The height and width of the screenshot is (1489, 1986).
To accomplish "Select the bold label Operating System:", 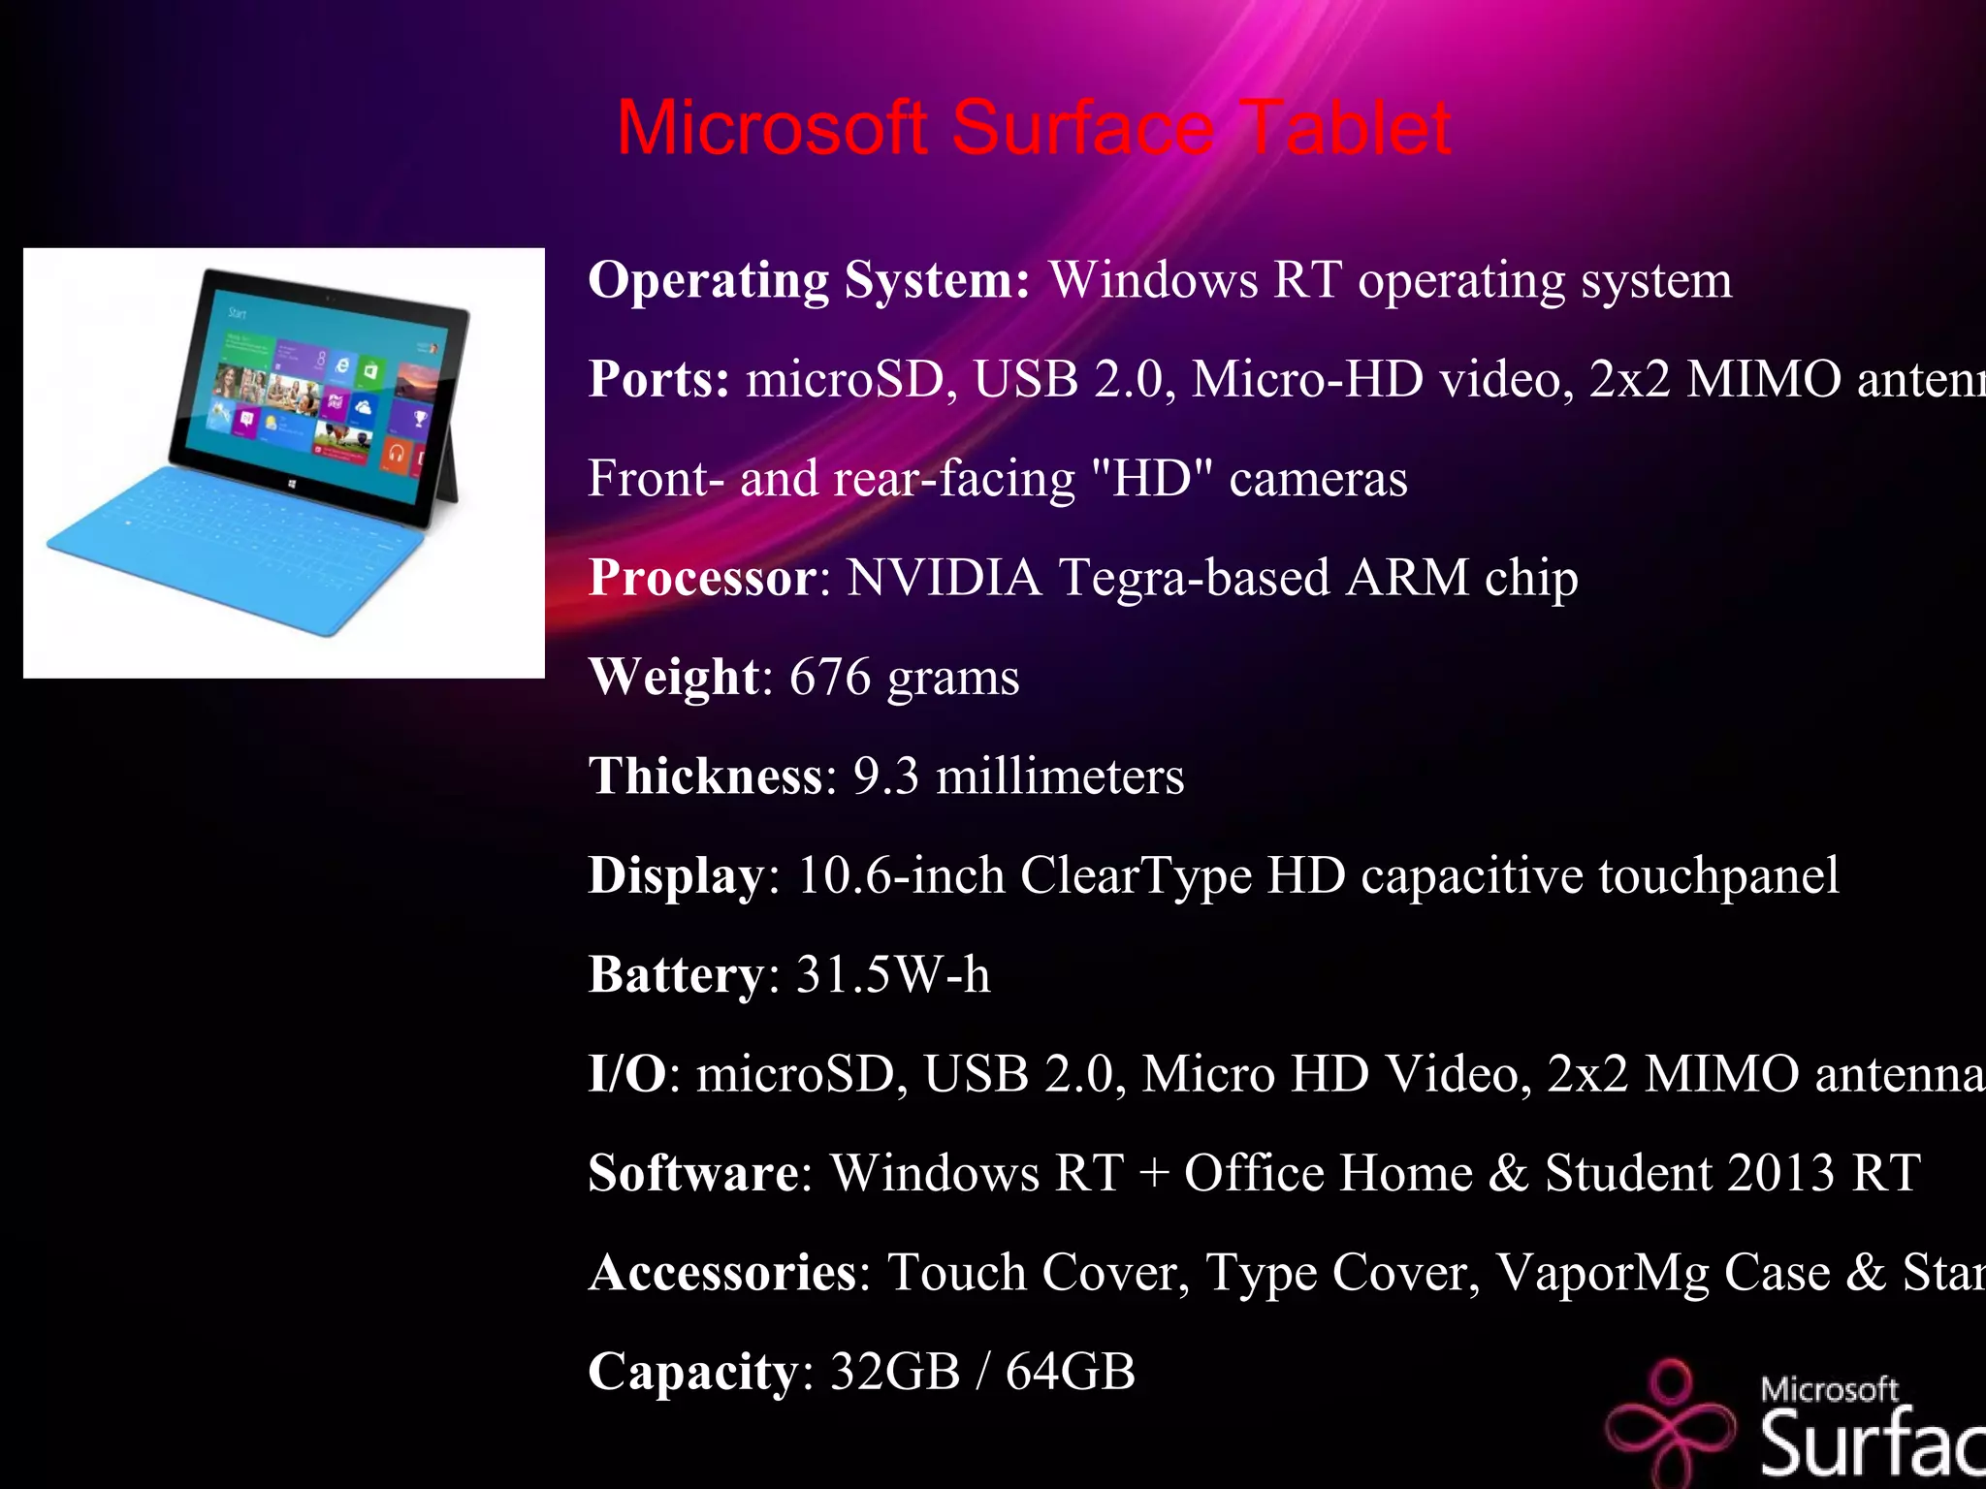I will click(809, 280).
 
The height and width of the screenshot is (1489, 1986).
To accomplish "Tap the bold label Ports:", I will click(658, 379).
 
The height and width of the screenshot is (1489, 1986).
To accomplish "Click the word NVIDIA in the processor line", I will click(944, 578).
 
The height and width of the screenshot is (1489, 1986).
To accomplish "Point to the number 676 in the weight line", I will click(830, 677).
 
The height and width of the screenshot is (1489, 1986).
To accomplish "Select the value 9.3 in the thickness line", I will click(885, 776).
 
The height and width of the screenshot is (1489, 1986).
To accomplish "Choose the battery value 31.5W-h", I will click(893, 975).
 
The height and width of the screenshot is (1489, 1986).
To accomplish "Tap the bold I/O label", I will click(627, 1074).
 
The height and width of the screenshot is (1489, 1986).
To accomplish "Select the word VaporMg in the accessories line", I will click(1601, 1273).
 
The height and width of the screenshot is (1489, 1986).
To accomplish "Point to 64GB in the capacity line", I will click(1070, 1372).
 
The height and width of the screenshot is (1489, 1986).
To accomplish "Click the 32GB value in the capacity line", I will click(895, 1372).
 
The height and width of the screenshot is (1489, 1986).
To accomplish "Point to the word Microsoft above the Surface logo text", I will click(1829, 1389).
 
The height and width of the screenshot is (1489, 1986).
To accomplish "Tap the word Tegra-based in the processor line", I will click(1194, 578).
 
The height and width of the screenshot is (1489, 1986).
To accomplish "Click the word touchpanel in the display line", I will click(1717, 875).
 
